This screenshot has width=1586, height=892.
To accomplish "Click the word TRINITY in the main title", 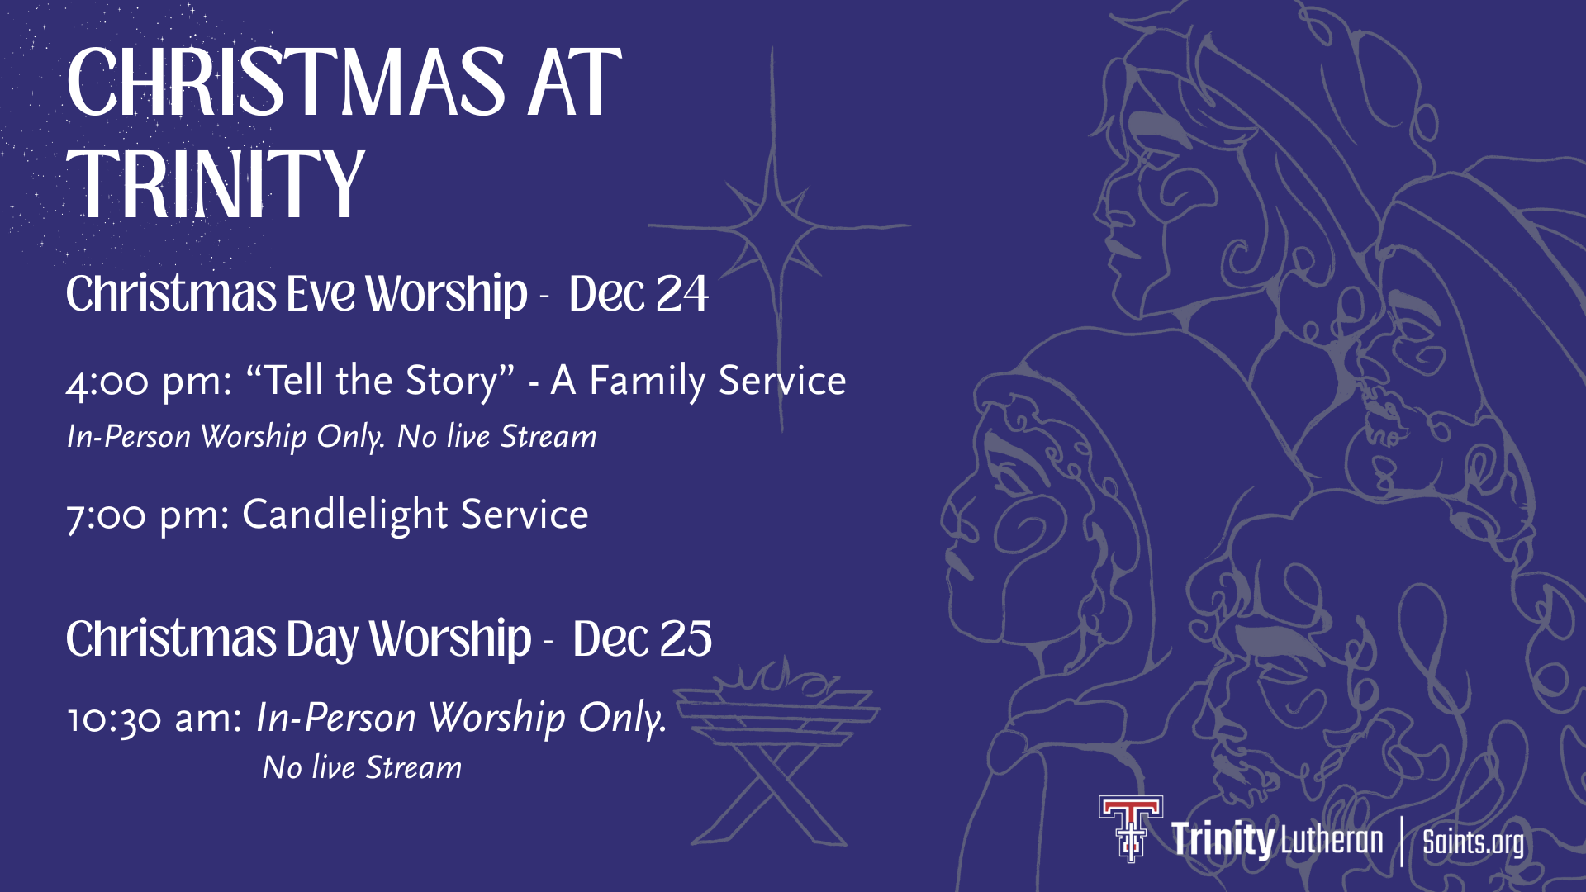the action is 216,185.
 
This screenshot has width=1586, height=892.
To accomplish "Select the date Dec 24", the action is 639,293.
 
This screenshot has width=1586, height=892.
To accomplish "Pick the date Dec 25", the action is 642,638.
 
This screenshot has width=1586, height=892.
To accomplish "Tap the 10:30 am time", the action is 154,719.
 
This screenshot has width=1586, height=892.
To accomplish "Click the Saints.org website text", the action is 1473,842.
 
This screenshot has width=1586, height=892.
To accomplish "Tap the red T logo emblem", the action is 1131,828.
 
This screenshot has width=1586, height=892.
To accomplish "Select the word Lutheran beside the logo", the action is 1332,840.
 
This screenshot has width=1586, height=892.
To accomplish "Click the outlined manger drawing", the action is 776,752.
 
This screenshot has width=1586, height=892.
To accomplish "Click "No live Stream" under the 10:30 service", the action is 362,767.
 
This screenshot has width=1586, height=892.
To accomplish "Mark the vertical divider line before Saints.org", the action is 1402,841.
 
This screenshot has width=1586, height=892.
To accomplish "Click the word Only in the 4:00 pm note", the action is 350,437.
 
